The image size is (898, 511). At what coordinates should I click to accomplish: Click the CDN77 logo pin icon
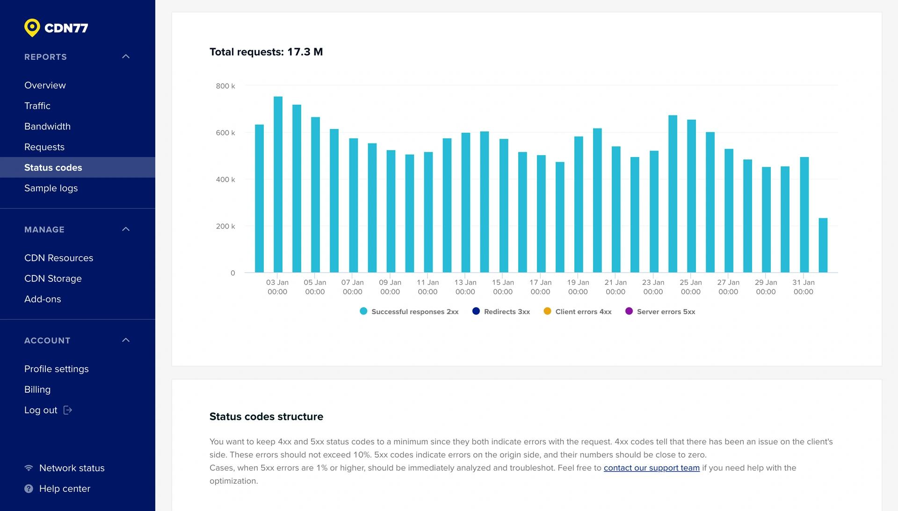click(x=32, y=28)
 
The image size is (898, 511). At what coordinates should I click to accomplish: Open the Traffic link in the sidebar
click(x=37, y=106)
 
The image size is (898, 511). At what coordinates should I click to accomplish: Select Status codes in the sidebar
click(x=53, y=168)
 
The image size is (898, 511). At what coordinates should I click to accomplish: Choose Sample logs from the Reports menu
click(x=51, y=188)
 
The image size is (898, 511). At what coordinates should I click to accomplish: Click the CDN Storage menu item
click(x=53, y=279)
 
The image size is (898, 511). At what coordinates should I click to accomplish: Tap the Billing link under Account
click(x=37, y=389)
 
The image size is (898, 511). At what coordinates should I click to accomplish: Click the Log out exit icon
click(x=68, y=410)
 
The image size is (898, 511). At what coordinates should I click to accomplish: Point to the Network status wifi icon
click(x=29, y=468)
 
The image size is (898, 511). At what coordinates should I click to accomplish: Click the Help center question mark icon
click(x=29, y=489)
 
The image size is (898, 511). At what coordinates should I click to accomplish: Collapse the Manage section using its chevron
click(x=126, y=229)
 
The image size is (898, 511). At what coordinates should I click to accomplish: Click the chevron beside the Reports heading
click(x=126, y=57)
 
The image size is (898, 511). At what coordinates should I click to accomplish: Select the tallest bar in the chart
click(x=278, y=185)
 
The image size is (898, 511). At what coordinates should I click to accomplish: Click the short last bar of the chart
click(x=823, y=245)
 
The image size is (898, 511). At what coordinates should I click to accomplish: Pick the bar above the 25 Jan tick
click(x=691, y=196)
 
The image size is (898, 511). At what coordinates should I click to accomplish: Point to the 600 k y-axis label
click(x=225, y=133)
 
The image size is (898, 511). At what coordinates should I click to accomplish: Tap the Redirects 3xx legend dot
click(x=476, y=311)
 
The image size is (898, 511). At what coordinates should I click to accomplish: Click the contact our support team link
click(x=652, y=468)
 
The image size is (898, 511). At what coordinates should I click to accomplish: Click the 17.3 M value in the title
click(x=305, y=52)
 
